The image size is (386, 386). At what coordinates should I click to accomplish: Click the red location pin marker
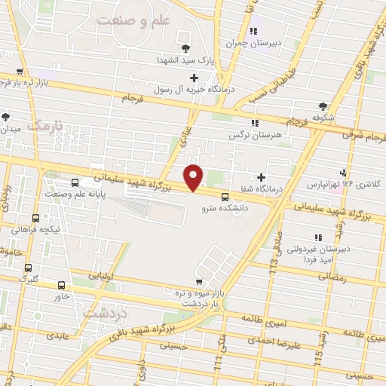coord(195,176)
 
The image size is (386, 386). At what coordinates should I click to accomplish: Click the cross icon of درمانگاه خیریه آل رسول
coord(195,77)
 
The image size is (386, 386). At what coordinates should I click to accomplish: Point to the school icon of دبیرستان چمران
coord(254,32)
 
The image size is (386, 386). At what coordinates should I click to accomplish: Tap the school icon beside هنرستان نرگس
coord(254,122)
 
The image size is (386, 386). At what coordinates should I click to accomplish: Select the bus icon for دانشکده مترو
coord(225,198)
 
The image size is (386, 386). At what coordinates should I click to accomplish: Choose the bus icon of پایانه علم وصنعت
coord(74,182)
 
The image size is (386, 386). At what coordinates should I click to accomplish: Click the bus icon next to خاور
coord(62,285)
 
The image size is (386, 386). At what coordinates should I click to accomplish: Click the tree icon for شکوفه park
coord(323,107)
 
